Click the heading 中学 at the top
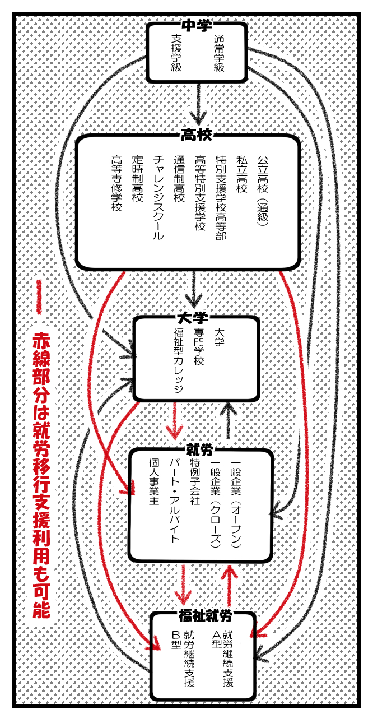click(x=197, y=26)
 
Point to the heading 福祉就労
click(x=206, y=616)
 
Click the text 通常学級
click(x=218, y=54)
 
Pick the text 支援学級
click(x=176, y=54)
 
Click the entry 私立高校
click(x=242, y=174)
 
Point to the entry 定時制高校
click(x=137, y=178)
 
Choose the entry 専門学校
click(x=199, y=347)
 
